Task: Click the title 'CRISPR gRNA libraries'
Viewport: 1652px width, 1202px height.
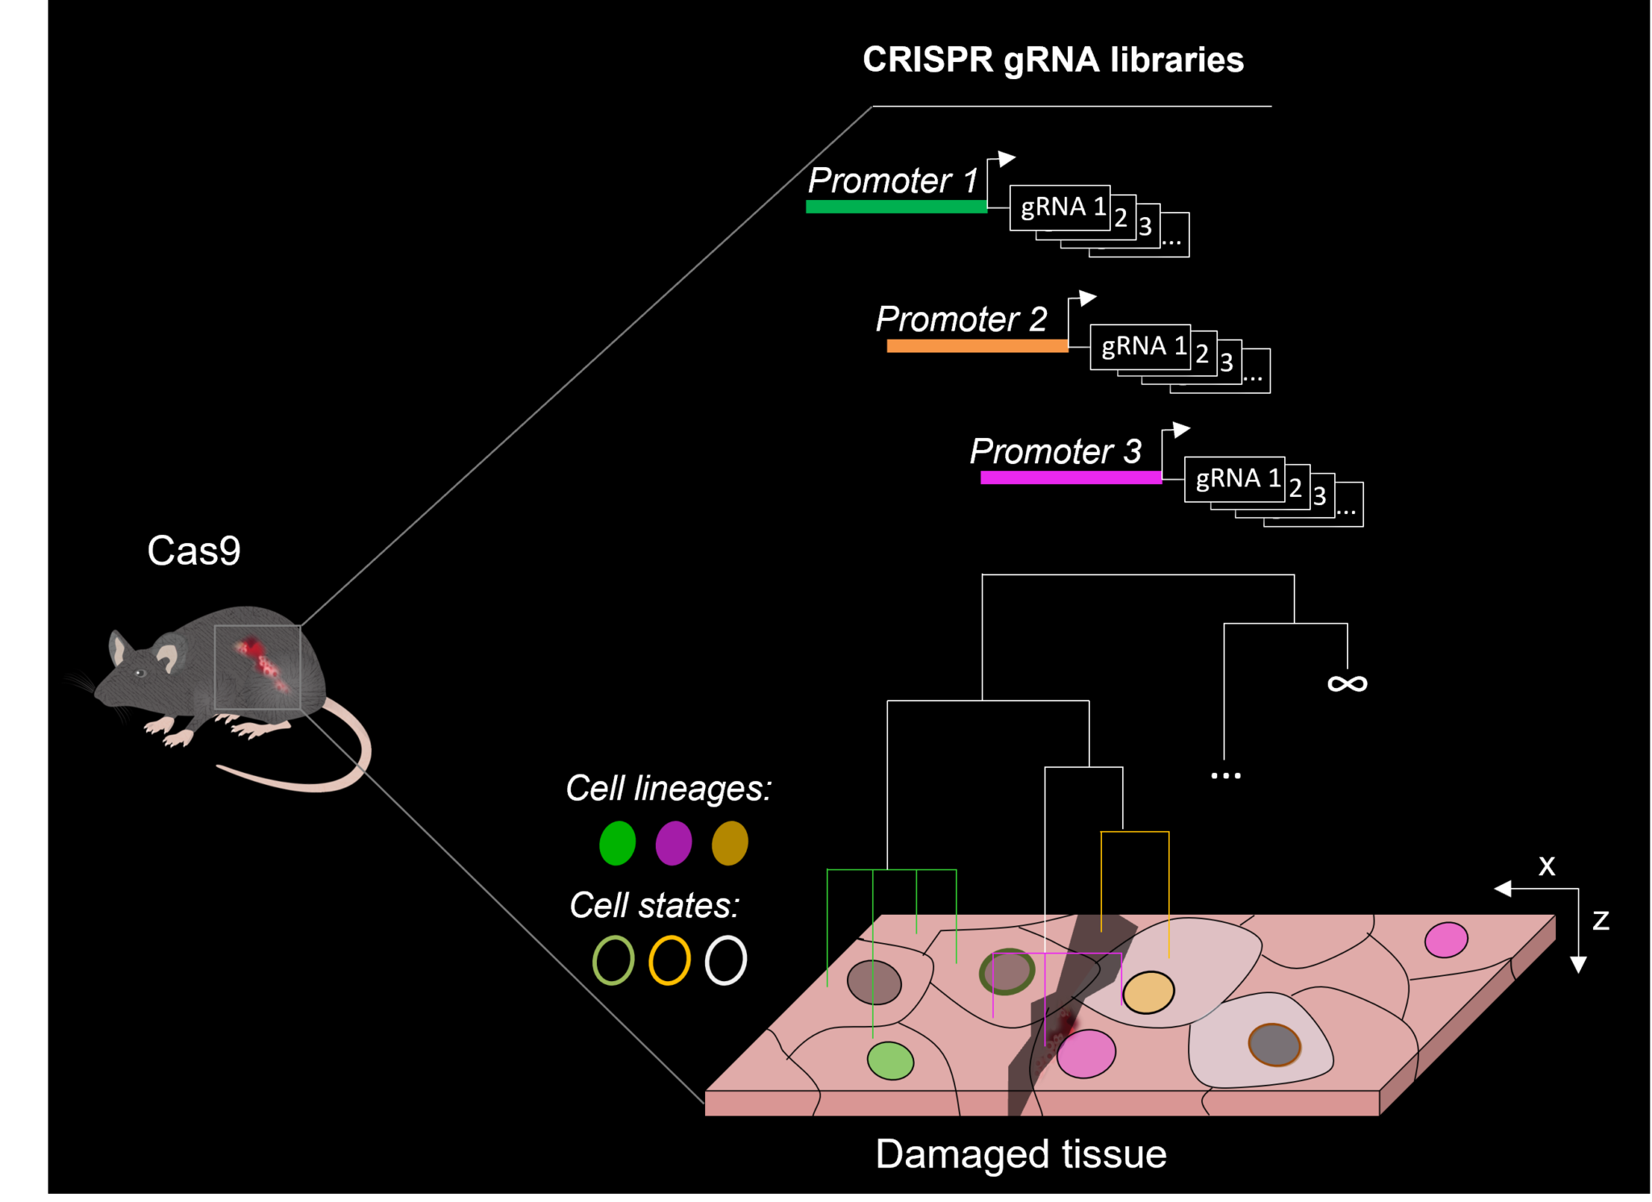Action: (1053, 60)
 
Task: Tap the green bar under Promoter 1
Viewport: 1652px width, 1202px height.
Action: (895, 207)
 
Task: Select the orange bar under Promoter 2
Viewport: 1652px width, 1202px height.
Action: (977, 346)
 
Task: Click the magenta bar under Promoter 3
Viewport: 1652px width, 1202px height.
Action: (1070, 478)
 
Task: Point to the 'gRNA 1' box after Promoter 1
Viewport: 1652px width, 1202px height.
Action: (1059, 207)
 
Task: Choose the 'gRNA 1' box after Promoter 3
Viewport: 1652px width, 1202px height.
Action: (1234, 478)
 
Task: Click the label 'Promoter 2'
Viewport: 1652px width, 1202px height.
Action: (962, 319)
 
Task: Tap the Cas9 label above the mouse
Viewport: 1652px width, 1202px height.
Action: (194, 551)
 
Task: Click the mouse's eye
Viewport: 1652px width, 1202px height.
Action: (140, 672)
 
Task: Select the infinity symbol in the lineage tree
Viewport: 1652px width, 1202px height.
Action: (1347, 684)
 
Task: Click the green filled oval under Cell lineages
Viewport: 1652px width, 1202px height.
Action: (617, 843)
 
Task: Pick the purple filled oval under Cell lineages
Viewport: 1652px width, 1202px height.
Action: (674, 843)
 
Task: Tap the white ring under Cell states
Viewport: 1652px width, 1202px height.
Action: (726, 960)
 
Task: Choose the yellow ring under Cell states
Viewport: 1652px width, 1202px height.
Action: (670, 960)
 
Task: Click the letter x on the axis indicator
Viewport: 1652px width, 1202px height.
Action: (1546, 866)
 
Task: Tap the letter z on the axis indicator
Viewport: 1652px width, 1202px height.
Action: (1600, 920)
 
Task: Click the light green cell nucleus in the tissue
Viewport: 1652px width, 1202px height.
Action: (890, 1060)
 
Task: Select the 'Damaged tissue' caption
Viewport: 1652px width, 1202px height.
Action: (1020, 1154)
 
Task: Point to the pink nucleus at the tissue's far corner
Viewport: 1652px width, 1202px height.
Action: (1445, 940)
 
